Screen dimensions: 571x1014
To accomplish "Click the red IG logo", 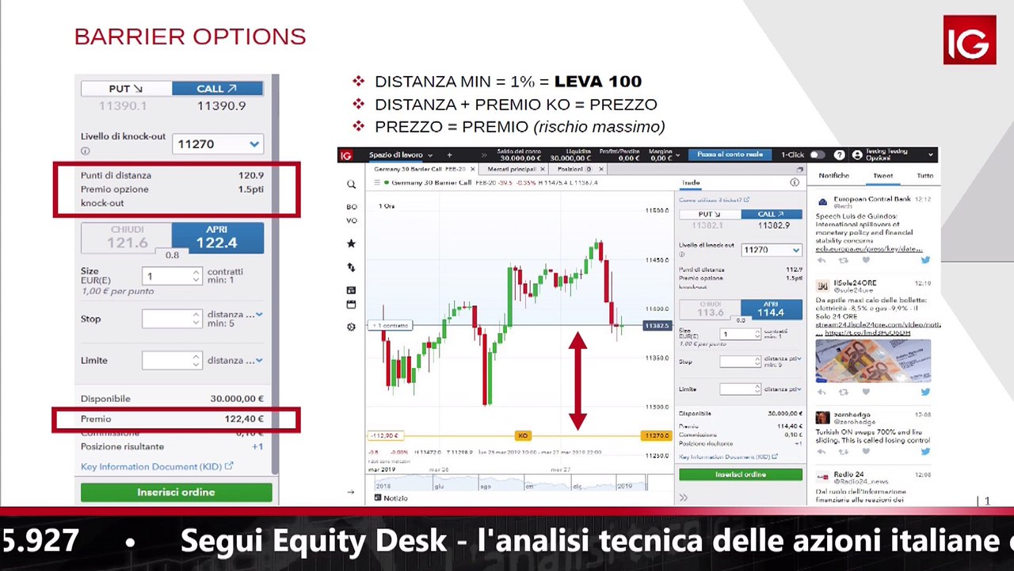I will (x=969, y=40).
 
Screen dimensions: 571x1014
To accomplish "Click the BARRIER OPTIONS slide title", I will (x=190, y=36).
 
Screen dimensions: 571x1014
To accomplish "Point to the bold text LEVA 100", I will (x=597, y=82).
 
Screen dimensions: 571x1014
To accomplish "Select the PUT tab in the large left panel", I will (x=126, y=89).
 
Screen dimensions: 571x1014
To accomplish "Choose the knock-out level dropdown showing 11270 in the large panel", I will (x=218, y=144).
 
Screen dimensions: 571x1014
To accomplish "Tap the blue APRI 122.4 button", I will (x=217, y=238).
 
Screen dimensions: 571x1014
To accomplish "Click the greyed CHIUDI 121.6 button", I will (x=127, y=238).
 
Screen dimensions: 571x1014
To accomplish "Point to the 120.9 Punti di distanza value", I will (x=250, y=175).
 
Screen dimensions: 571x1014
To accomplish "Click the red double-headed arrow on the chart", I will (x=578, y=381).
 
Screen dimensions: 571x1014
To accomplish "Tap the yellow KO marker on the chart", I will (x=522, y=435).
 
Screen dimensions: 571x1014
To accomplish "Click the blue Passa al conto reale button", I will (x=730, y=155).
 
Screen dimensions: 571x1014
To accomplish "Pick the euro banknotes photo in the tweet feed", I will (x=873, y=361).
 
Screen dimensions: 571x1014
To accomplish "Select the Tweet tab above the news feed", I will (x=882, y=175).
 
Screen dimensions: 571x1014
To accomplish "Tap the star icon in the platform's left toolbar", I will (x=351, y=243).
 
